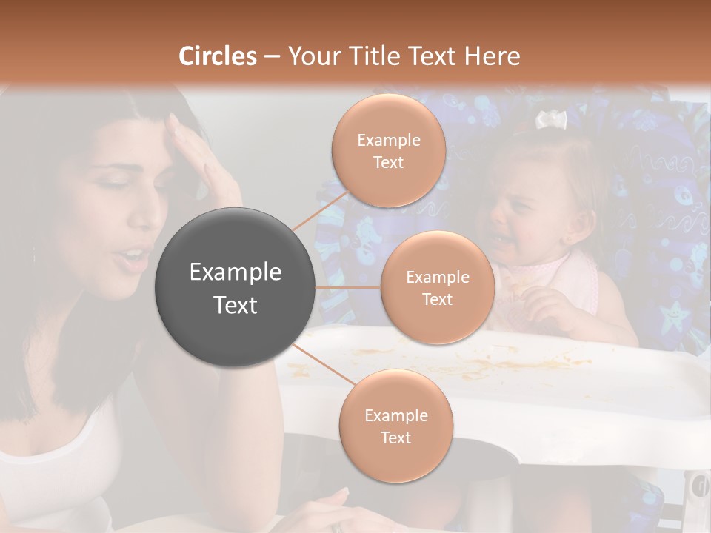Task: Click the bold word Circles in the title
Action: [217, 56]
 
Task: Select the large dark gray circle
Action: [236, 288]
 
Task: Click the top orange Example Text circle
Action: [388, 151]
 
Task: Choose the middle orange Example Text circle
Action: [437, 288]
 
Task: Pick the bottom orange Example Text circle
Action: [395, 426]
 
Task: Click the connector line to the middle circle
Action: [348, 287]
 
